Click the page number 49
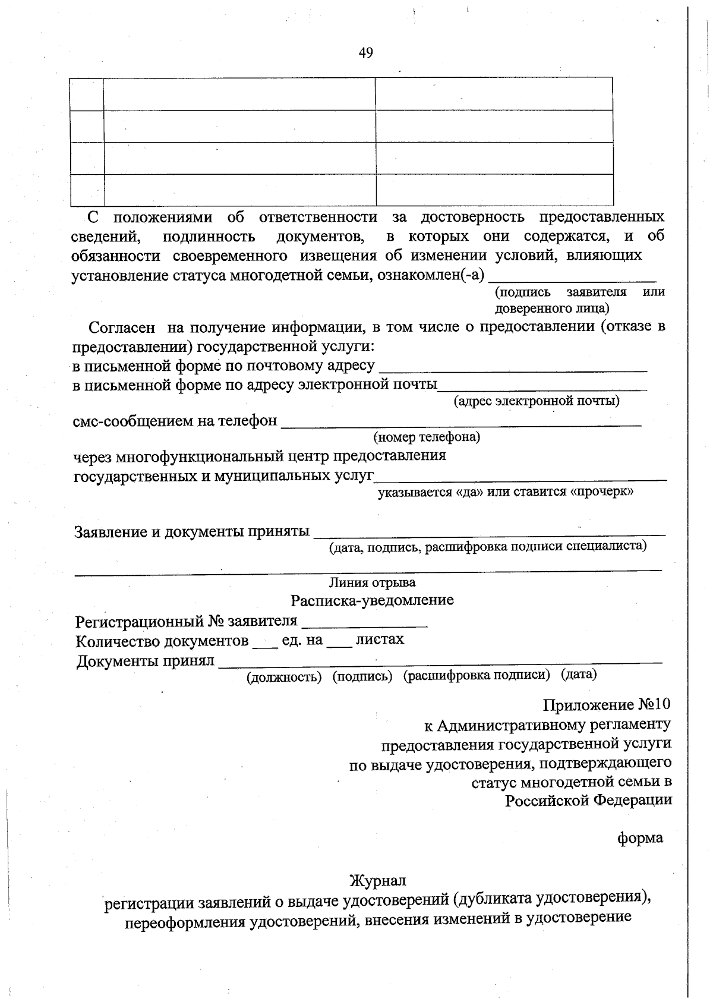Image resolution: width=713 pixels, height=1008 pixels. click(366, 53)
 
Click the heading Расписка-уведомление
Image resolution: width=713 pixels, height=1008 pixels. click(372, 600)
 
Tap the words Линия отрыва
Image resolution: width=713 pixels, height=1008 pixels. click(373, 582)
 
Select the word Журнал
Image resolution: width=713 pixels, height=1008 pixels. click(378, 880)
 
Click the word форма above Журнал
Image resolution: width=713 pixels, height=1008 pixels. click(640, 838)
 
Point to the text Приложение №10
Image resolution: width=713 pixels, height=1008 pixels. click(606, 705)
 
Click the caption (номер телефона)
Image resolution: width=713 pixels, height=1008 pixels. click(427, 437)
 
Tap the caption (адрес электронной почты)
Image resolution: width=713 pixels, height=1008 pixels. click(537, 401)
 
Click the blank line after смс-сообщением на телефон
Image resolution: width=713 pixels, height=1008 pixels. click(460, 423)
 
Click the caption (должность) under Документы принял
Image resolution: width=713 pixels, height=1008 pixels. click(284, 676)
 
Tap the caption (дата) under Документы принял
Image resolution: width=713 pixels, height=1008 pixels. click(579, 675)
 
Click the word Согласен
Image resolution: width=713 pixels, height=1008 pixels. click(122, 327)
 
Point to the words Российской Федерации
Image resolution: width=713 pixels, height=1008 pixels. click(589, 800)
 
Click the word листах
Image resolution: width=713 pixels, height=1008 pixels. click(380, 640)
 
